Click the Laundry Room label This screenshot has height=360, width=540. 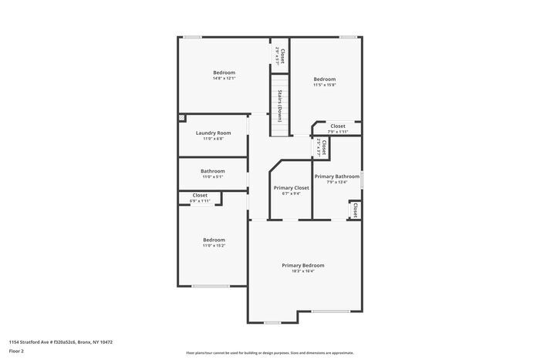[x=213, y=133]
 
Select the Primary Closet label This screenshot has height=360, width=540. [x=291, y=187]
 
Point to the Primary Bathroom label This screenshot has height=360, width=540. [x=336, y=177]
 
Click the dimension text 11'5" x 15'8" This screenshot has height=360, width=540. [x=324, y=85]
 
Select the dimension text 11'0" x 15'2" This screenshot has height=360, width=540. [x=214, y=245]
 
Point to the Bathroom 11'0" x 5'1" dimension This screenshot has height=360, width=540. [x=213, y=177]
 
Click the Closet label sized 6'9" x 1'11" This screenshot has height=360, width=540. [x=200, y=195]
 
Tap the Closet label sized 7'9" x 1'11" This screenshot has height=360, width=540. [x=338, y=126]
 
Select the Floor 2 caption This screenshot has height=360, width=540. [x=17, y=351]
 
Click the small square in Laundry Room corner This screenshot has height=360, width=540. [x=182, y=118]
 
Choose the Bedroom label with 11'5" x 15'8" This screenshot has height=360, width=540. [x=324, y=79]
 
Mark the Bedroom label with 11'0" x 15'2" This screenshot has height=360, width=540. [x=214, y=239]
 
